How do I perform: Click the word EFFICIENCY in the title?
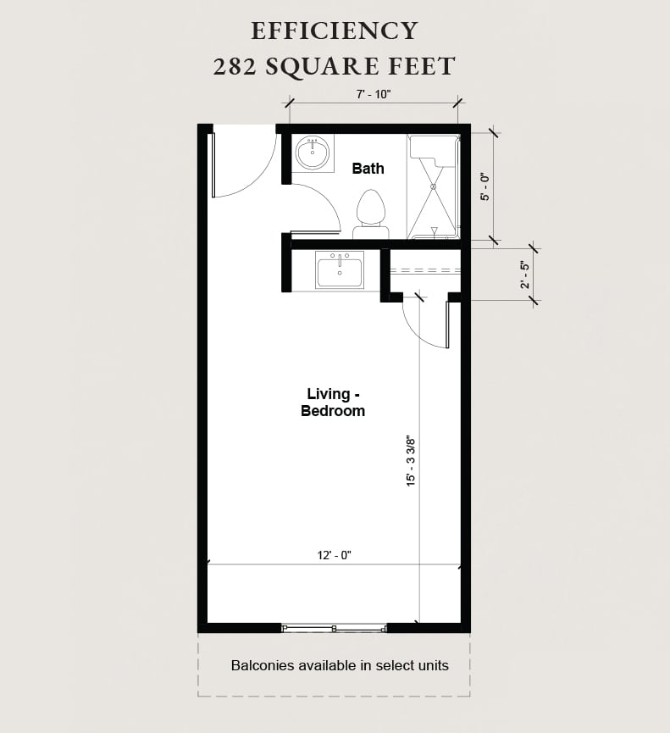pos(335,31)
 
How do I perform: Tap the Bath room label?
pos(368,169)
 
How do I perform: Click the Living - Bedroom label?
pos(332,403)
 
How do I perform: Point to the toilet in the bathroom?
pos(370,212)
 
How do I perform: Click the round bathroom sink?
pos(313,153)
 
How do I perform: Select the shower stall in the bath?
pos(433,186)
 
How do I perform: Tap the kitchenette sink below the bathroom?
pos(339,271)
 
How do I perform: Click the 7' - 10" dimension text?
pos(373,95)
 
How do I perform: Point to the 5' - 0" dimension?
pos(485,186)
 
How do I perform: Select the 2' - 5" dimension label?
pos(525,275)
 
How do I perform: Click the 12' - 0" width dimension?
pos(334,555)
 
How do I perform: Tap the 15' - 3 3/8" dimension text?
pos(411,461)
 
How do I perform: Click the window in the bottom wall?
pos(334,628)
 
